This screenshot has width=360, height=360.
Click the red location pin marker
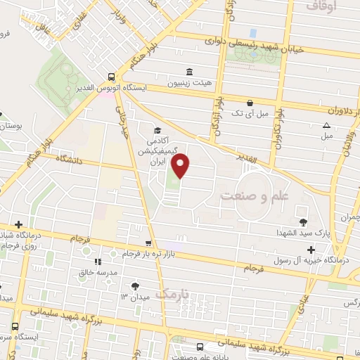(x=181, y=166)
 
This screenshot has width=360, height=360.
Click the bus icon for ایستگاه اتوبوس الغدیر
(x=112, y=77)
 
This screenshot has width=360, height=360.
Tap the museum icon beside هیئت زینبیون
(x=189, y=72)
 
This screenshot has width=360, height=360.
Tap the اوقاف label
(x=323, y=6)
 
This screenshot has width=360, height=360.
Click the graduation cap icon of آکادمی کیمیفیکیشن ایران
(x=157, y=130)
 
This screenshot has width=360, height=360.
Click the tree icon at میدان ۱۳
(x=135, y=286)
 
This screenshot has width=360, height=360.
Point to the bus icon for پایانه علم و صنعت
(x=200, y=347)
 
